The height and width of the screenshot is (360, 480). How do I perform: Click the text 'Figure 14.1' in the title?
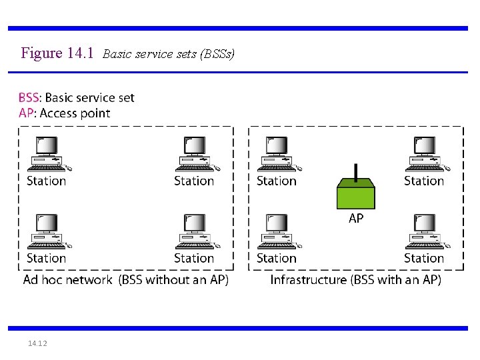[57, 53]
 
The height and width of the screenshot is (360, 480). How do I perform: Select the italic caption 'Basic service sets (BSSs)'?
[169, 54]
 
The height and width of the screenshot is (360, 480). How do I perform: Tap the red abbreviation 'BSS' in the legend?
[29, 98]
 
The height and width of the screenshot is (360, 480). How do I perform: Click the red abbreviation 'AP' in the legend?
[26, 113]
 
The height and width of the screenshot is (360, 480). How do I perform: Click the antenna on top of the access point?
[356, 172]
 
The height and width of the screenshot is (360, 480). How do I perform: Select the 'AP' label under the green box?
[356, 219]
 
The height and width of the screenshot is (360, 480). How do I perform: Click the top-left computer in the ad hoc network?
[47, 153]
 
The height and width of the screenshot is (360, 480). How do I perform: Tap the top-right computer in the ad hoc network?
[195, 153]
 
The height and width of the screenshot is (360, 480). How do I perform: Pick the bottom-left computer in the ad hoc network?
[47, 231]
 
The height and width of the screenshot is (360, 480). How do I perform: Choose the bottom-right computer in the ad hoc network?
[195, 231]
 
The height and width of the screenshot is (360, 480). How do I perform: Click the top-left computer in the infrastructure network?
[277, 153]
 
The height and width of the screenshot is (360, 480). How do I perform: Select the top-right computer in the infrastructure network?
[425, 153]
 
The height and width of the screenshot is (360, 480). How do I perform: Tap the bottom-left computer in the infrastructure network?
[277, 231]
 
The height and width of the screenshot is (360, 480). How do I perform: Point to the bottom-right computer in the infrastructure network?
[425, 231]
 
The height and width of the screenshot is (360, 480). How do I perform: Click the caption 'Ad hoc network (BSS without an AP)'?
[126, 280]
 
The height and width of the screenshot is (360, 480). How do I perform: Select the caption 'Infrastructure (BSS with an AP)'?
[355, 280]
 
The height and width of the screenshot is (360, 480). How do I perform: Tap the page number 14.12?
[37, 343]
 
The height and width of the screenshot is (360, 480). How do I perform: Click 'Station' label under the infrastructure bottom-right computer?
[424, 258]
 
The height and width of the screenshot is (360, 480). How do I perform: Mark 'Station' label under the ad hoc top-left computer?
[47, 181]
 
